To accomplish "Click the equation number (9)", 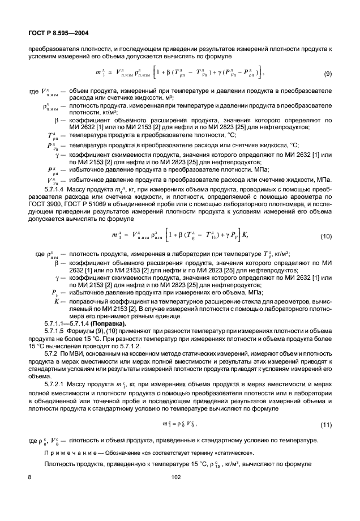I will (328, 74).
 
